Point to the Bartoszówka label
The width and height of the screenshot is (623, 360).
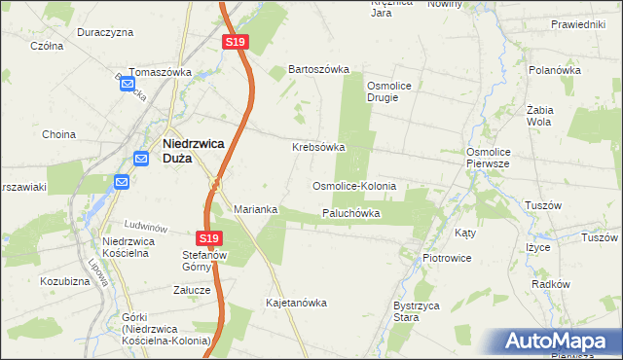317,70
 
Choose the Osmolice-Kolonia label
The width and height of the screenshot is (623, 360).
353,185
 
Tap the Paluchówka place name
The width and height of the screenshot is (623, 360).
350,213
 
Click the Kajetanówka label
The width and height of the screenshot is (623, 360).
296,303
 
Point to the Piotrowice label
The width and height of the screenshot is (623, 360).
447,258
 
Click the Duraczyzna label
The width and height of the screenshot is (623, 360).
105,32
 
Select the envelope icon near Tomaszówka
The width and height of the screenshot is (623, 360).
128,85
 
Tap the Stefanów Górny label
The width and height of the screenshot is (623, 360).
204,262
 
